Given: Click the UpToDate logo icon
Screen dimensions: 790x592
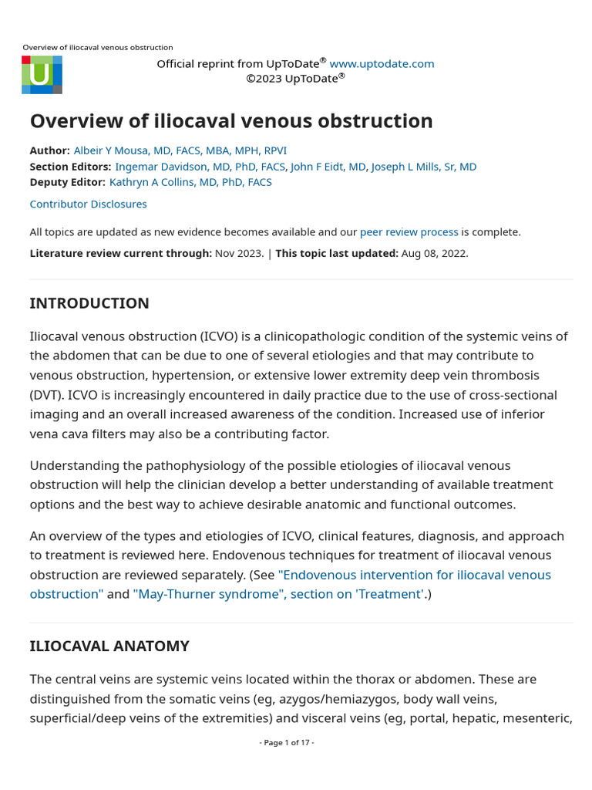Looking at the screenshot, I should click(42, 75).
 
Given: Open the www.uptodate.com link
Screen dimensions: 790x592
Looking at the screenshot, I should click(382, 63).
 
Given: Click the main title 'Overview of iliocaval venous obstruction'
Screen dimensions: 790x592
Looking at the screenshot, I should click(231, 121).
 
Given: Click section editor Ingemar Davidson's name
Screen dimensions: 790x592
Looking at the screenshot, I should click(200, 167).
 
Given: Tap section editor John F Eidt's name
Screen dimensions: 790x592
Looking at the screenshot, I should click(328, 167).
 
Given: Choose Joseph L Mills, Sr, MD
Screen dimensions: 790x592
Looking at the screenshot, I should click(423, 167).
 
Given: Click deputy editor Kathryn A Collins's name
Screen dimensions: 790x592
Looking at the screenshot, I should click(190, 182).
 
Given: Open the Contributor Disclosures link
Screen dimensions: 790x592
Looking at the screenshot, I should click(88, 204).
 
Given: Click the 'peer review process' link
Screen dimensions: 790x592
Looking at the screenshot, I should click(409, 231).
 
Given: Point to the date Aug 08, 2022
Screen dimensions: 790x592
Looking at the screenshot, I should click(434, 253).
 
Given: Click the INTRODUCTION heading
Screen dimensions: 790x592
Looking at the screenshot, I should click(89, 303).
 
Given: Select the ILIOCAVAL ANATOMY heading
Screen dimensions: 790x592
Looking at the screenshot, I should click(109, 646).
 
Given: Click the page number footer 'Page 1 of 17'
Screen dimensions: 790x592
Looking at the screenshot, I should click(287, 742).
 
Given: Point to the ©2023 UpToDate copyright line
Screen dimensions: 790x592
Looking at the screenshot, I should click(295, 78).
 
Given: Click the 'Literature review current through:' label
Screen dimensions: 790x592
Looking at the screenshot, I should click(120, 253).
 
